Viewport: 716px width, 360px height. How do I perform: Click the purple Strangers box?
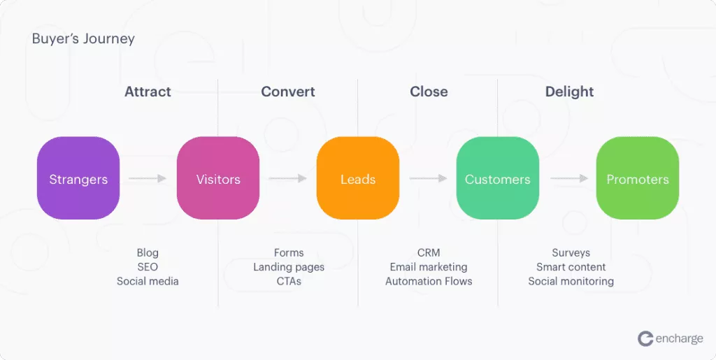[x=78, y=178]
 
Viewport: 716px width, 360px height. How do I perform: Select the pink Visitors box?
[x=218, y=178]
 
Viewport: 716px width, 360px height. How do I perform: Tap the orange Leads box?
[x=358, y=178]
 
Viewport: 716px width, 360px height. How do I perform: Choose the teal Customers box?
[x=498, y=178]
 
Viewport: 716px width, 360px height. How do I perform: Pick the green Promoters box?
[x=638, y=178]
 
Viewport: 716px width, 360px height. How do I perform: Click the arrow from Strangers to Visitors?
[x=148, y=179]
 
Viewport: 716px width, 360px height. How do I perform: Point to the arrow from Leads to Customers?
[x=428, y=179]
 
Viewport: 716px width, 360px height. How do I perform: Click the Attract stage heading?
[x=148, y=92]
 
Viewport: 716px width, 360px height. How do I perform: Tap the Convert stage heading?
[x=288, y=92]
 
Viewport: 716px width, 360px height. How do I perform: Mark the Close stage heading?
[x=429, y=92]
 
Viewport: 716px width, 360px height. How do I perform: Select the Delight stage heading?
[x=569, y=92]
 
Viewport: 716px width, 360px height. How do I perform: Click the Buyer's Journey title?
[x=83, y=38]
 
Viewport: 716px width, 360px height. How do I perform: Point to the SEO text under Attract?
[x=148, y=267]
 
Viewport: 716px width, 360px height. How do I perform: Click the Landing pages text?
[x=289, y=267]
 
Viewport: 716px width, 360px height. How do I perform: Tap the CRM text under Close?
[x=429, y=252]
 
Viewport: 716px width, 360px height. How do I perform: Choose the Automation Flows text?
[x=429, y=281]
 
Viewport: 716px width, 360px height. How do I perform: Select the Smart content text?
[x=571, y=267]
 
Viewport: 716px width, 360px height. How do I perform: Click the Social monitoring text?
[x=571, y=281]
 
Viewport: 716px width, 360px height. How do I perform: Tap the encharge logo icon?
[x=645, y=338]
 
